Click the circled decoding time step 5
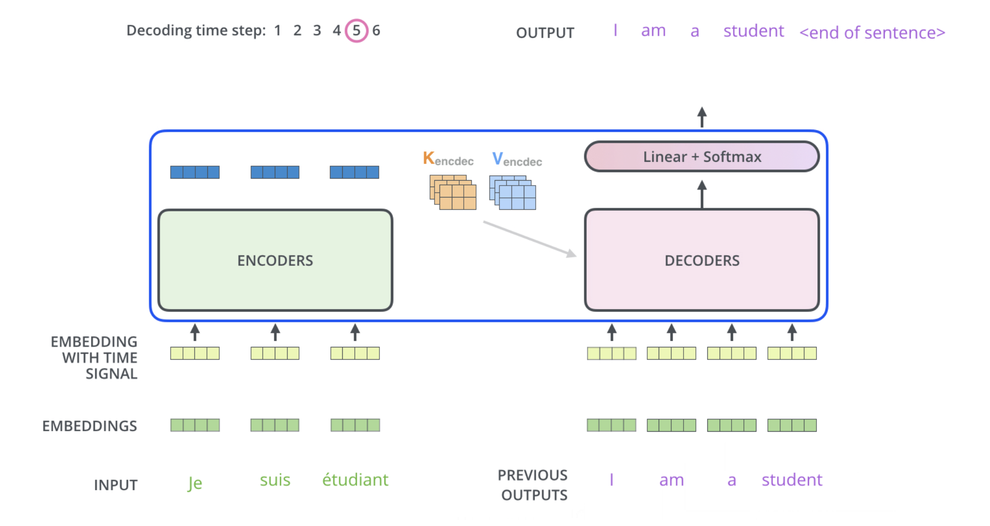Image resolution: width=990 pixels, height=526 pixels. [x=356, y=31]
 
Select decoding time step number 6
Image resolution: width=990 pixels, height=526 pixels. [x=376, y=31]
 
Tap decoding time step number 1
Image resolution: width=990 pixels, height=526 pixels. [x=278, y=31]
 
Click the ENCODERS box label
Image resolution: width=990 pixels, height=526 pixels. [x=275, y=261]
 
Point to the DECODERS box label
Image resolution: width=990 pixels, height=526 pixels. [x=702, y=261]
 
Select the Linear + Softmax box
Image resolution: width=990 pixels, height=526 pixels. [x=702, y=157]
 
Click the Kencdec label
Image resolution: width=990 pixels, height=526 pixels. [x=448, y=159]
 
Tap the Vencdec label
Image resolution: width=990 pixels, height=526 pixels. [x=517, y=159]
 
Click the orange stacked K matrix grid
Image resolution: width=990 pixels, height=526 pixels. [x=453, y=193]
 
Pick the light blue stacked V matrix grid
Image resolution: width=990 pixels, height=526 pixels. [x=513, y=193]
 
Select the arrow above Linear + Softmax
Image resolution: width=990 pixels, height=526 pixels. [x=702, y=117]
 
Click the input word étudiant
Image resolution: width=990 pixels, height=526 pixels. [x=355, y=480]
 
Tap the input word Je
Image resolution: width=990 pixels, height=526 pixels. [x=195, y=482]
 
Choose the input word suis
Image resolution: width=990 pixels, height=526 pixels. [x=275, y=480]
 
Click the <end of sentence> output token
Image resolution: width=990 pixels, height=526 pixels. [x=872, y=33]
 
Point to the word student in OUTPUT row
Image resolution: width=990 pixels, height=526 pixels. [x=753, y=31]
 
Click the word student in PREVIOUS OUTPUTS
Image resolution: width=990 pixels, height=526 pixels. [x=792, y=480]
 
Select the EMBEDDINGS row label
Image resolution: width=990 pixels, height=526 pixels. [x=89, y=426]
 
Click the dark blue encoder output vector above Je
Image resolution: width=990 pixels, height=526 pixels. [x=195, y=172]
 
